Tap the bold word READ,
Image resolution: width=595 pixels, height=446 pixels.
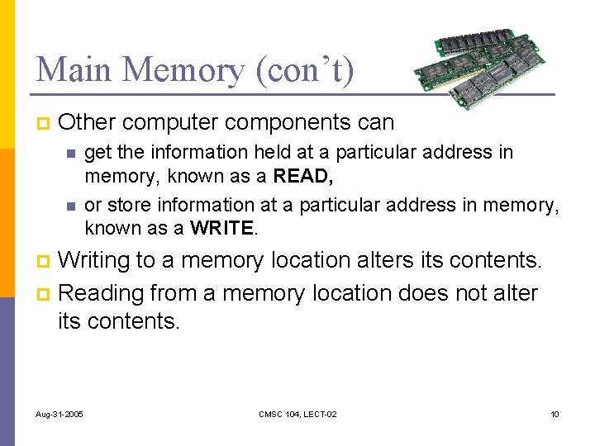(x=305, y=176)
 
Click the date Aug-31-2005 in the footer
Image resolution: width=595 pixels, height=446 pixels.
(x=59, y=414)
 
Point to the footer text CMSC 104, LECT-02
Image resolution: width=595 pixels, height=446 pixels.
(x=297, y=414)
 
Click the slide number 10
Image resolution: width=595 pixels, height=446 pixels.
(x=555, y=414)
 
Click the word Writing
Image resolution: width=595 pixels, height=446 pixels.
(x=95, y=260)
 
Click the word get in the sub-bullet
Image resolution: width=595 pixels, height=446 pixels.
(x=98, y=152)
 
